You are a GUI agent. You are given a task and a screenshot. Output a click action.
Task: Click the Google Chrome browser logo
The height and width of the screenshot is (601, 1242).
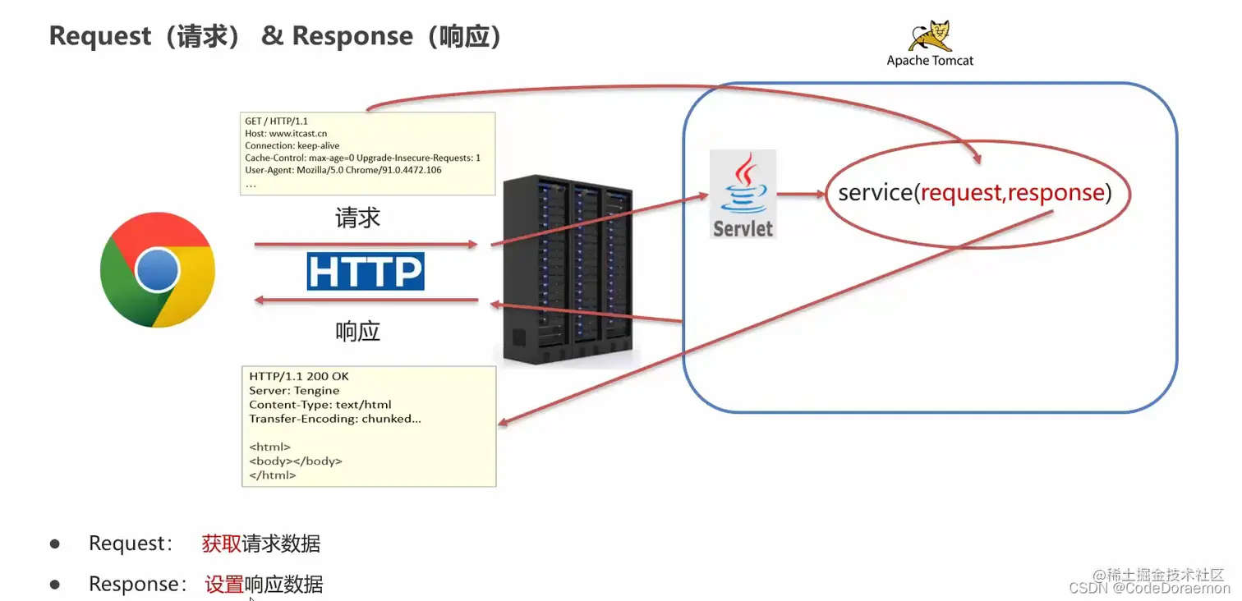157,270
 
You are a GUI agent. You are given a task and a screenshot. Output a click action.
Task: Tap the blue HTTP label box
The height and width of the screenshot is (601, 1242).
366,271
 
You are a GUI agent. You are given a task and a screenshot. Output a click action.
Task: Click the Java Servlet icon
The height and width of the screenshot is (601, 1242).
743,195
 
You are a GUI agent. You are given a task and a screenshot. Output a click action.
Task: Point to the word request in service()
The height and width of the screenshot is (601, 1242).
962,193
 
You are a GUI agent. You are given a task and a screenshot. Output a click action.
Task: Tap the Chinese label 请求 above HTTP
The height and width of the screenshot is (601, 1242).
357,218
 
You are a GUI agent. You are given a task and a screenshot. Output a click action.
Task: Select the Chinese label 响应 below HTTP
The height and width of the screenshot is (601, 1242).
357,332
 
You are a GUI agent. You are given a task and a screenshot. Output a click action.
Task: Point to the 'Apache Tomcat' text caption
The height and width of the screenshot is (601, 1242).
930,61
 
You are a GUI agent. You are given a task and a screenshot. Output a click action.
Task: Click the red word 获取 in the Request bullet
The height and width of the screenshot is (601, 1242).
221,544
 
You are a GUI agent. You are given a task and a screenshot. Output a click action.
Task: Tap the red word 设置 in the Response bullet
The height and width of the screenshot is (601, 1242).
224,585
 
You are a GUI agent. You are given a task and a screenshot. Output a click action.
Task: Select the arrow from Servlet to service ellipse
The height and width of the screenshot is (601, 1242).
801,195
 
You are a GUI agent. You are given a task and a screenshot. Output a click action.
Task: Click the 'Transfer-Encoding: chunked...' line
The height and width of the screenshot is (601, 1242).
335,419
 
